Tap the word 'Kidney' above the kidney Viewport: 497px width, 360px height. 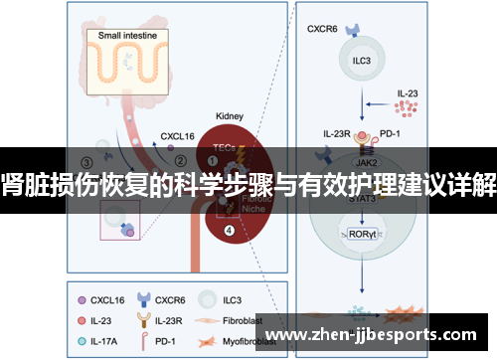pos(231,116)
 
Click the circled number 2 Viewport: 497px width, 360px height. pos(180,157)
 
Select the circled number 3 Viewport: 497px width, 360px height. pos(86,163)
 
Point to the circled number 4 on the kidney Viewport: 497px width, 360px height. pos(231,233)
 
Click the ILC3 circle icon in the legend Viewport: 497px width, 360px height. pos(208,298)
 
